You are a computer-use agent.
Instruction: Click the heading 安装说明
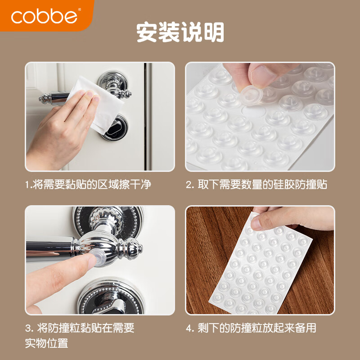coord(180,32)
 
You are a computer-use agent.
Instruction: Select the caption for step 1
coord(88,185)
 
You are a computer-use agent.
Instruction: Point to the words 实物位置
coord(46,343)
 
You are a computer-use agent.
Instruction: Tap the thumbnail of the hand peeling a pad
coord(260,117)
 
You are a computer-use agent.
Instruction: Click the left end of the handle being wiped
coord(43,97)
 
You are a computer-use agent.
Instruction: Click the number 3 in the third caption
coord(27,328)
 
